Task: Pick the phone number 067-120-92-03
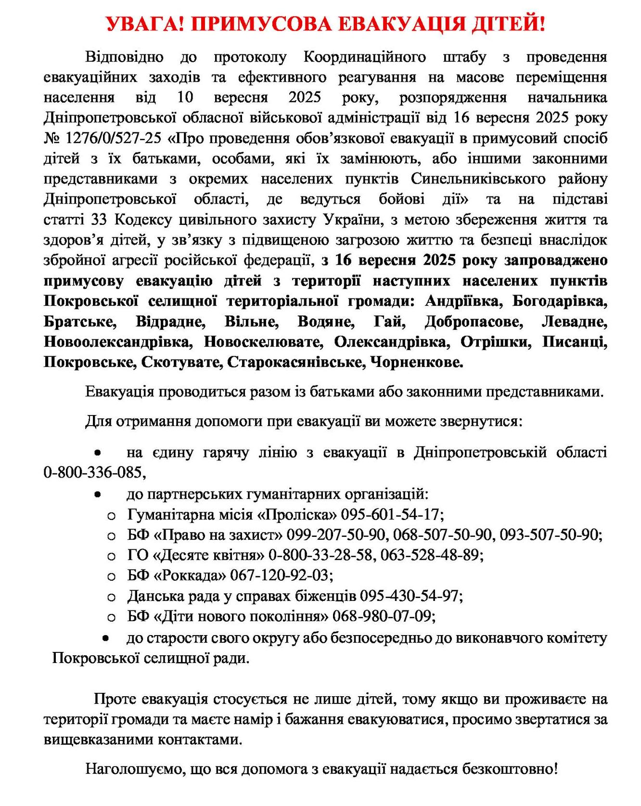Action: pyautogui.click(x=281, y=575)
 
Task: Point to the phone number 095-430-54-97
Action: pyautogui.click(x=411, y=596)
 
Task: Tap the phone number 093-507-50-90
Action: pyautogui.click(x=550, y=534)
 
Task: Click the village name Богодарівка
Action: pyautogui.click(x=560, y=301)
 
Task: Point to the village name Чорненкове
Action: pyautogui.click(x=417, y=362)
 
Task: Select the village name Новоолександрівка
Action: pyautogui.click(x=117, y=341)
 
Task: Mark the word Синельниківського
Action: pyautogui.click(x=478, y=179)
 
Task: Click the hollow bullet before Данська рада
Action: pyautogui.click(x=112, y=598)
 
